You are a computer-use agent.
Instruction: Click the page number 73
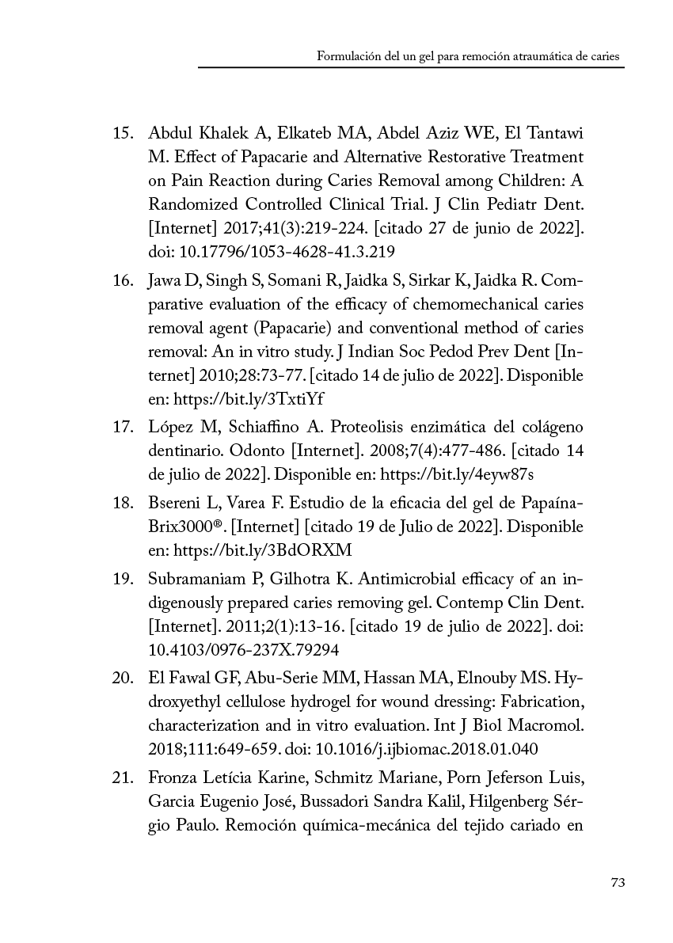tap(618, 883)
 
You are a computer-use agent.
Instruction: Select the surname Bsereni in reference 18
tap(172, 505)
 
